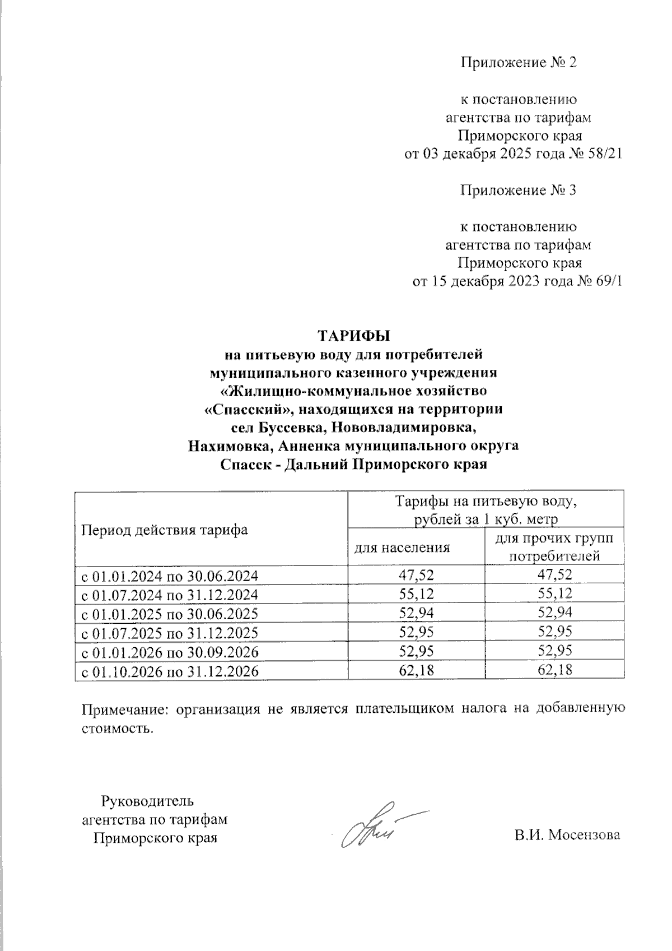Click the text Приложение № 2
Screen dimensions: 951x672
click(x=518, y=62)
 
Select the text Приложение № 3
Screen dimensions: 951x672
click(x=518, y=191)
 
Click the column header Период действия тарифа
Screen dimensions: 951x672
click(x=165, y=530)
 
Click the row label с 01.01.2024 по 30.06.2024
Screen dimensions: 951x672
click(x=170, y=576)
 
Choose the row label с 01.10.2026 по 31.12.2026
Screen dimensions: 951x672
click(x=170, y=671)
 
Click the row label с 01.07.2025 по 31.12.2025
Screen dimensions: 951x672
click(x=170, y=633)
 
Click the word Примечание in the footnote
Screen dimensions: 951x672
click(x=125, y=709)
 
